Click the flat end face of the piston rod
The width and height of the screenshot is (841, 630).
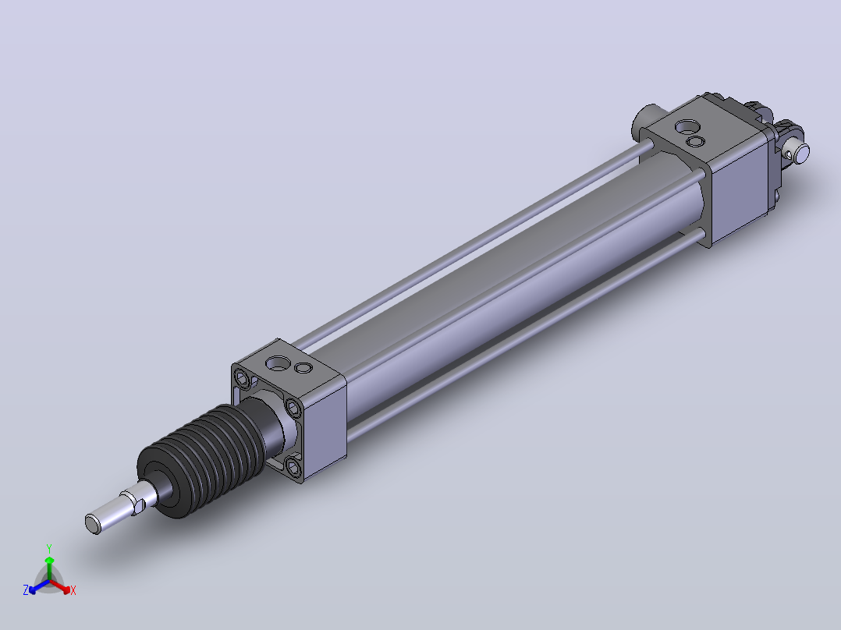93,524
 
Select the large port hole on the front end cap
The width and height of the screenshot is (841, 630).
277,363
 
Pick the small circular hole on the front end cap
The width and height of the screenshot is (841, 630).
303,368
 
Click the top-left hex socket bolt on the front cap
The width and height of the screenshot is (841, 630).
243,380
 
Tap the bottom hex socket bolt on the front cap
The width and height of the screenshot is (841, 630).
293,467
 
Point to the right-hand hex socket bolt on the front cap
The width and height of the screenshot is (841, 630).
293,409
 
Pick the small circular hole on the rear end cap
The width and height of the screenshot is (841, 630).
696,142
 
